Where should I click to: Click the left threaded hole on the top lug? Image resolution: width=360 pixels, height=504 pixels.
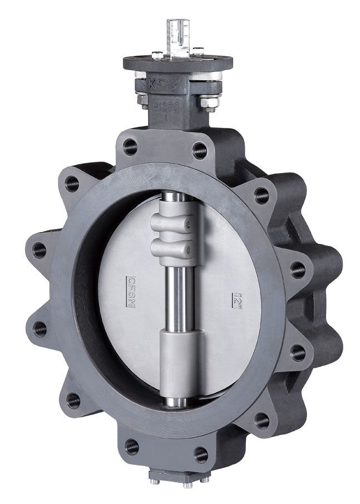(x=130, y=147)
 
